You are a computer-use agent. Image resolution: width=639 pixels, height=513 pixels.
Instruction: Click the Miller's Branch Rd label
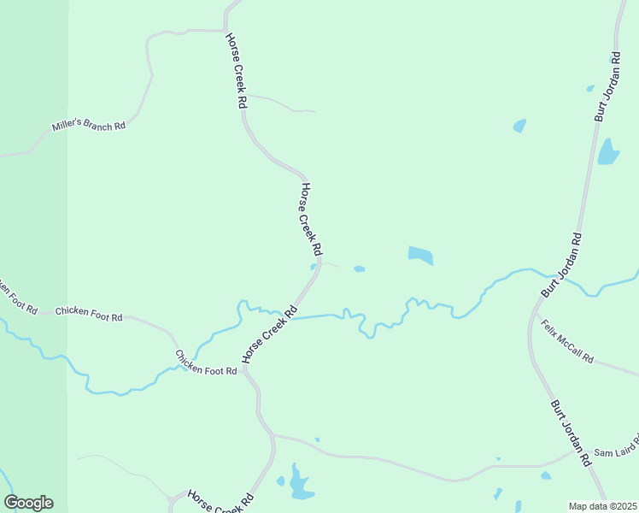89,126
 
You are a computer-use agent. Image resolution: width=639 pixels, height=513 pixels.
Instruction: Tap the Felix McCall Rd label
567,341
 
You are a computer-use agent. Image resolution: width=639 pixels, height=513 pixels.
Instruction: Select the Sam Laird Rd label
615,451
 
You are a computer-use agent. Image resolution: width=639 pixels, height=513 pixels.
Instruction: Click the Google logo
28,503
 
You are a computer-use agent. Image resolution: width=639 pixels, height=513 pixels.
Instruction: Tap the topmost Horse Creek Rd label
236,70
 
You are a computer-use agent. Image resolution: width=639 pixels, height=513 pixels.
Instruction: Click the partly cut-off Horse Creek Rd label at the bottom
221,503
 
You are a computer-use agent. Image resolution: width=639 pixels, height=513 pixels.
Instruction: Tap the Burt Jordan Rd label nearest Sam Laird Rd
571,433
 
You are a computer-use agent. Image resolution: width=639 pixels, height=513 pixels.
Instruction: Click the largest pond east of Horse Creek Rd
420,255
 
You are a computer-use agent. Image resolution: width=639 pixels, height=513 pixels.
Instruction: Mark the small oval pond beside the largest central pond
360,268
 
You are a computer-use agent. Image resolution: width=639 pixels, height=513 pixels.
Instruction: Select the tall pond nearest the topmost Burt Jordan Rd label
608,152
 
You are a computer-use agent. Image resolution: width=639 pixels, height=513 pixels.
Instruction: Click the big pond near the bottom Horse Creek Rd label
299,484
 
